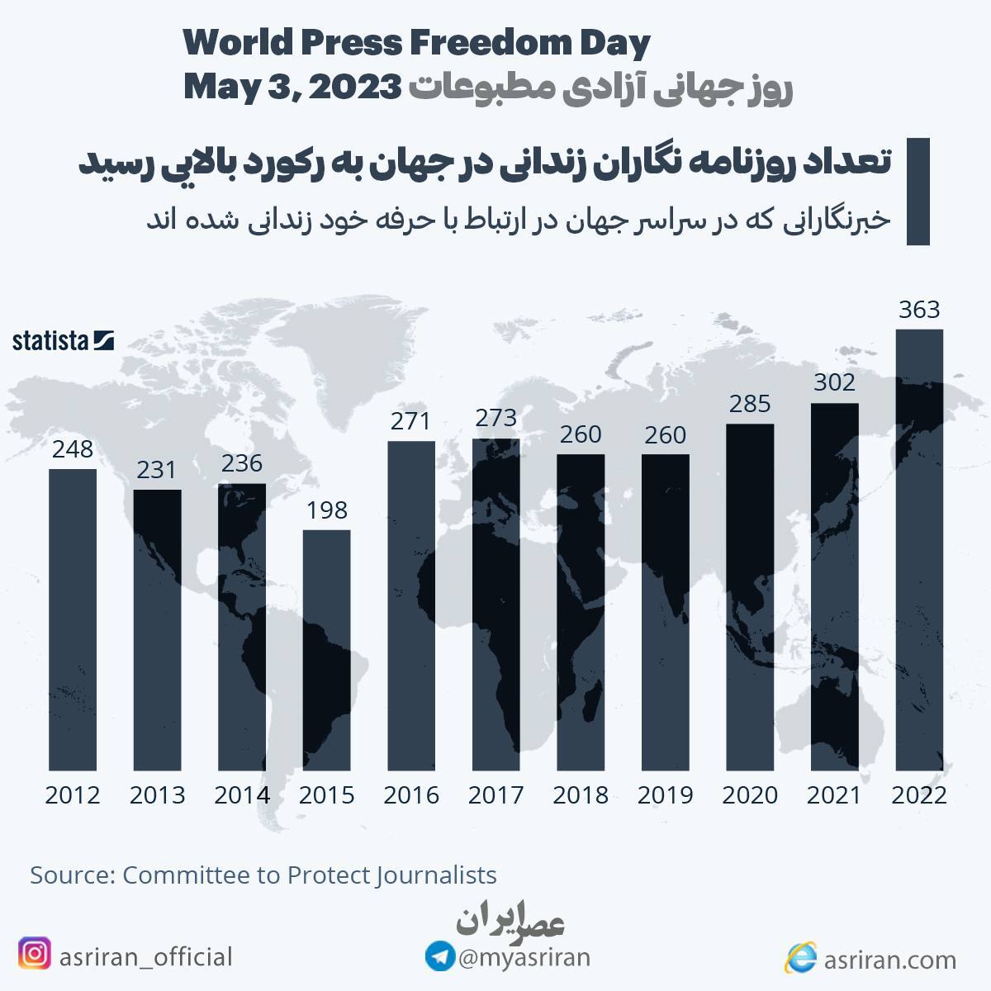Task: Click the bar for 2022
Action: [919, 549]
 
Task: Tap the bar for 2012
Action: [73, 619]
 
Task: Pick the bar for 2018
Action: [581, 612]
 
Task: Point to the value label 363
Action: [919, 310]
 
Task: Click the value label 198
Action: [326, 510]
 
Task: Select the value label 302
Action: [834, 383]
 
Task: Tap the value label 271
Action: [410, 422]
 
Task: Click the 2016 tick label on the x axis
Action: [410, 795]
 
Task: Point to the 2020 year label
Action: [750, 795]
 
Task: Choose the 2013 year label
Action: [157, 795]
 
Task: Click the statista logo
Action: [63, 340]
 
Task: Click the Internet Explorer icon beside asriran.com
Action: [801, 958]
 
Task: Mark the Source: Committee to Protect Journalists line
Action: [263, 875]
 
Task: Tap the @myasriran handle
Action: [524, 958]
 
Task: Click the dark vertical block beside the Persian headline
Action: [918, 192]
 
